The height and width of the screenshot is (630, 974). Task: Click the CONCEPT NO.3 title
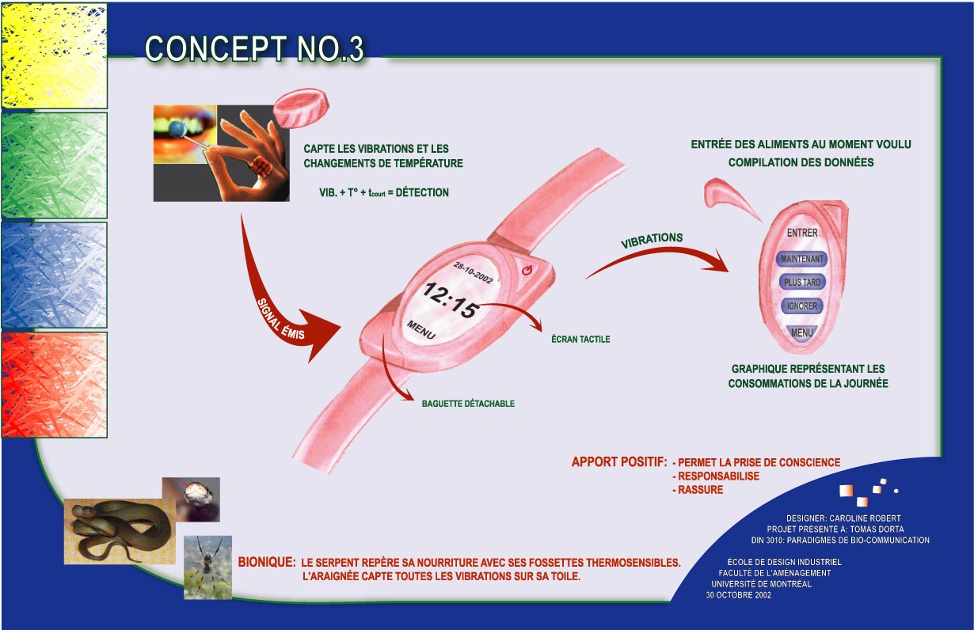pos(254,49)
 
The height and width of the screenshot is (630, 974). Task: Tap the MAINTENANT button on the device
pos(803,259)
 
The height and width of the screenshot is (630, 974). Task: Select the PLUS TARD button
pos(802,283)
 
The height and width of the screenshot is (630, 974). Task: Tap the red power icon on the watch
pos(528,271)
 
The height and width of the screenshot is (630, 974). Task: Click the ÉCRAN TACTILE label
pos(580,340)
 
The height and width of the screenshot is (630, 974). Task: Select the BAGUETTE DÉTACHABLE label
pos(468,404)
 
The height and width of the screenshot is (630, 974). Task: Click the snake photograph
pos(118,529)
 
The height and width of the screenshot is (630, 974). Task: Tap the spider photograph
pos(208,566)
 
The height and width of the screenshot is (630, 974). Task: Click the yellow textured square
pos(54,55)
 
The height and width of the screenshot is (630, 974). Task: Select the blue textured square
pos(54,275)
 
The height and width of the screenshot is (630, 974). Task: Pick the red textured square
pos(54,385)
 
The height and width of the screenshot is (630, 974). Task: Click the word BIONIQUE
pos(267,563)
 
